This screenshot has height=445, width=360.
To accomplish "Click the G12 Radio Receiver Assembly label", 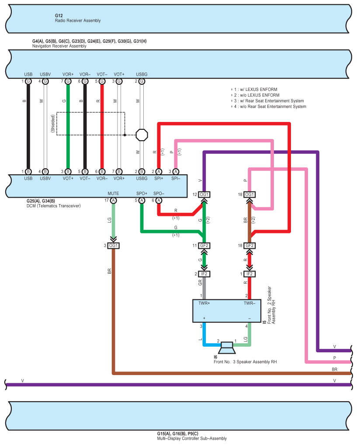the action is tap(78, 18).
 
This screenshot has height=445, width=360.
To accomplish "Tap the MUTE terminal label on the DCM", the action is tap(113, 194).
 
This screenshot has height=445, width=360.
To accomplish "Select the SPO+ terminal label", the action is tap(142, 194).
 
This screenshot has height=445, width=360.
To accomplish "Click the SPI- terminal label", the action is tap(176, 178).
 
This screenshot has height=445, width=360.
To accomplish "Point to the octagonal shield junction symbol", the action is tap(142, 135).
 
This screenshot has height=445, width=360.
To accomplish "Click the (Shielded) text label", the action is tap(53, 123).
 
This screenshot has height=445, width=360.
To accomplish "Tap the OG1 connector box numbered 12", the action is tap(204, 195).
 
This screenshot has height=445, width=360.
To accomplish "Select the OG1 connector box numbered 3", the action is tap(113, 246).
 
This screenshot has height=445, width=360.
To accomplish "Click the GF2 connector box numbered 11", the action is tap(204, 246).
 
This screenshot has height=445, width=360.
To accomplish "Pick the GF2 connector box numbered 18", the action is tap(249, 246).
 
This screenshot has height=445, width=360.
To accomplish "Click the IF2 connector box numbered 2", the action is tap(204, 274).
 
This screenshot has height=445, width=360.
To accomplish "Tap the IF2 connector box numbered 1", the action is tap(249, 274).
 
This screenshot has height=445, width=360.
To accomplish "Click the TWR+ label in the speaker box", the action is tap(204, 303).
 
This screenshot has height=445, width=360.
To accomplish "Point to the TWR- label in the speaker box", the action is tap(249, 303).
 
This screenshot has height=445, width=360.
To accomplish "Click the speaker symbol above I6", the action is tap(227, 348).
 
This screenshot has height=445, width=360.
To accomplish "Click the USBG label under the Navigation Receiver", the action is tap(142, 74).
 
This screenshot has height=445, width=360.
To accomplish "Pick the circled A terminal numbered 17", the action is tap(113, 200).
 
